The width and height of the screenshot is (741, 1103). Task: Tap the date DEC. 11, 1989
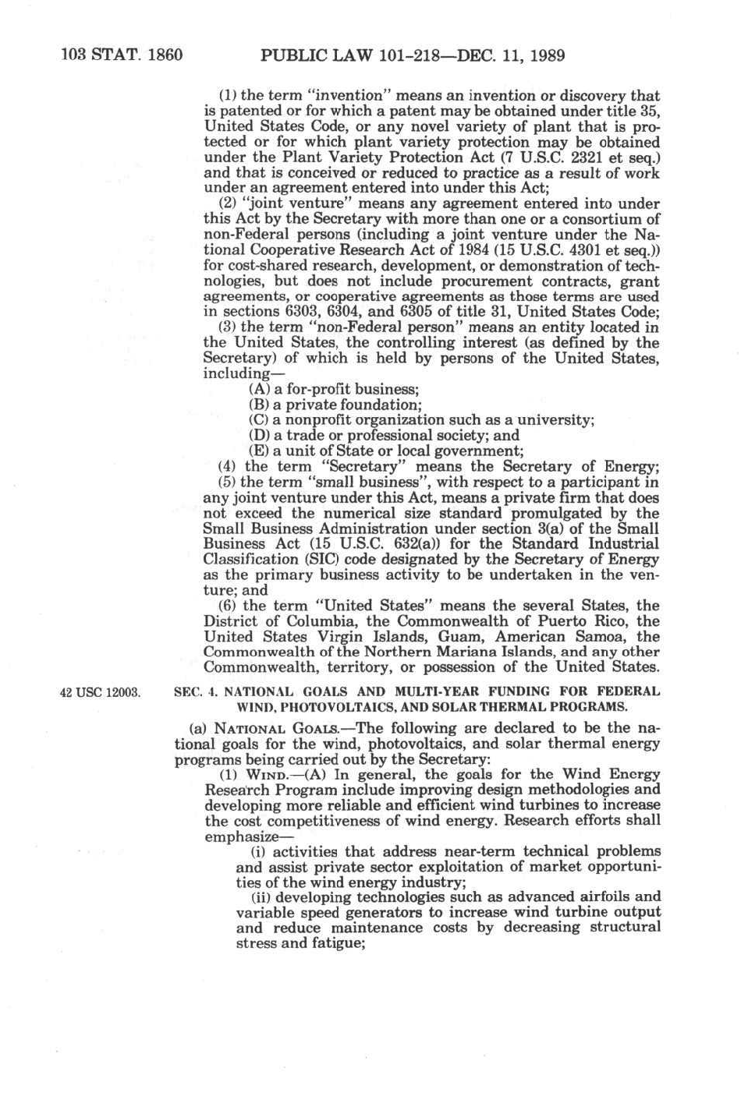click(511, 55)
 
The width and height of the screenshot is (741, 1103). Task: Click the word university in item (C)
click(557, 420)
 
